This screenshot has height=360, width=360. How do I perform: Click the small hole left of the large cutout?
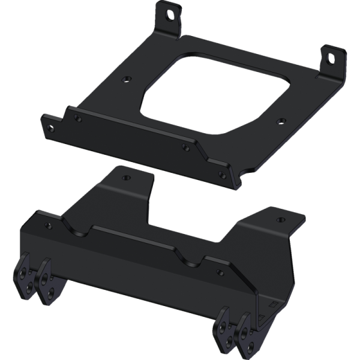tap(125, 78)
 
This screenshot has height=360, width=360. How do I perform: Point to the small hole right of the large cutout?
tap(278, 121)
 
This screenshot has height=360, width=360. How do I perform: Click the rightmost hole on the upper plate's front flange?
tap(223, 175)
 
